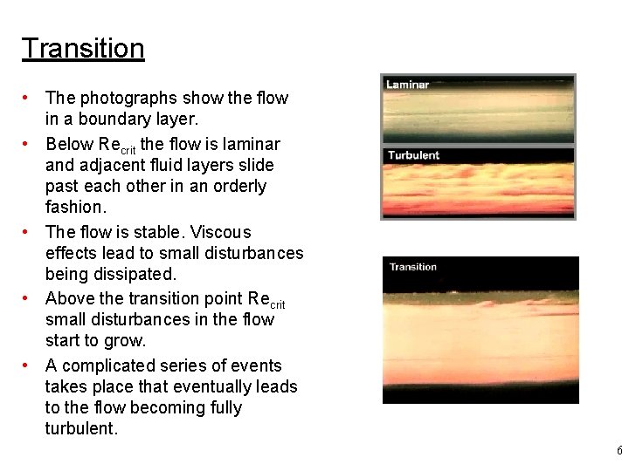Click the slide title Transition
[x=83, y=48]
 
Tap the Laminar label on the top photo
[x=408, y=85]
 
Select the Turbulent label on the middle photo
[x=413, y=155]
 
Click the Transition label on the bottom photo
[x=412, y=267]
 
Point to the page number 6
[x=619, y=451]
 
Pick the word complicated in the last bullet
[x=111, y=365]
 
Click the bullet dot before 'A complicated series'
[x=29, y=365]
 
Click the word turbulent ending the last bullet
[x=80, y=428]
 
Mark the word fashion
[x=76, y=207]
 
